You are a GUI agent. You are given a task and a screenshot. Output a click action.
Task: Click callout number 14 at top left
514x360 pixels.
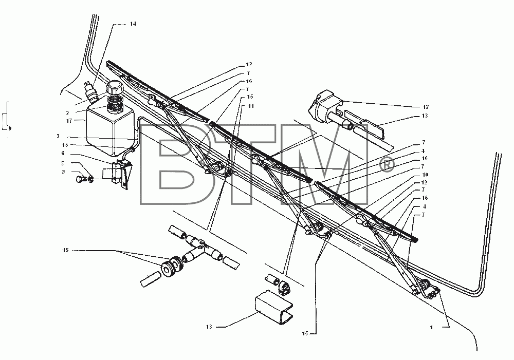coord(133,24)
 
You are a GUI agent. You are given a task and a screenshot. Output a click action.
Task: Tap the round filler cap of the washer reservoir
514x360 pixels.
coord(114,88)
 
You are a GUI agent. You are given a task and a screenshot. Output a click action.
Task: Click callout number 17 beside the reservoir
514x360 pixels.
coord(69,121)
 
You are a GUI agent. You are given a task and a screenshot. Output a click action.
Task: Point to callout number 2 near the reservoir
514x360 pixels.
coord(67,113)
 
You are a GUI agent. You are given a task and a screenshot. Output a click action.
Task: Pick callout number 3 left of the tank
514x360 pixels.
coord(58,136)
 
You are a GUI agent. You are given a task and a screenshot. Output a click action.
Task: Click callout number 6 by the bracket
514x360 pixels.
coord(63,154)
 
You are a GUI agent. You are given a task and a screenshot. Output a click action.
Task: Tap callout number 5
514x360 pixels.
coord(63,163)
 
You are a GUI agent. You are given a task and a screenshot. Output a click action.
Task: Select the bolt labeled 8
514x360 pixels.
coord(80,179)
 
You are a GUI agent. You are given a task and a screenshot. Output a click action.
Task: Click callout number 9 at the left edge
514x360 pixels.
coord(10,129)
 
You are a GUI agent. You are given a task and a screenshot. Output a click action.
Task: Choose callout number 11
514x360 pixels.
coord(251,106)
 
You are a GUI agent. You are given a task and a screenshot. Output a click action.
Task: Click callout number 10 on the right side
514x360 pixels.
coord(425,175)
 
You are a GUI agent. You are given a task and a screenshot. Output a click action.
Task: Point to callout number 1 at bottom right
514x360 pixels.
coord(432,327)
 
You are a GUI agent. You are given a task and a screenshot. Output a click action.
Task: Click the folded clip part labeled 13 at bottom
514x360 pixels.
coord(274,308)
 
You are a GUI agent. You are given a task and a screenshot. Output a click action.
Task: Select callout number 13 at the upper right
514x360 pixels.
coord(425,116)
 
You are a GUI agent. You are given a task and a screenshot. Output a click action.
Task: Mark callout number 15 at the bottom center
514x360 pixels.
coord(305,333)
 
